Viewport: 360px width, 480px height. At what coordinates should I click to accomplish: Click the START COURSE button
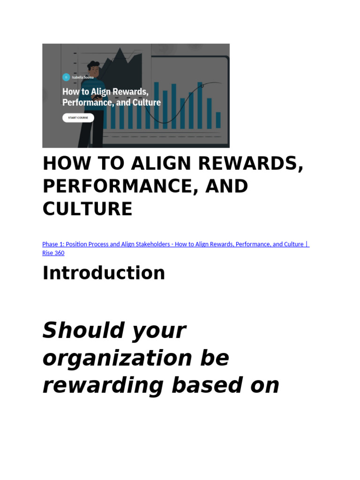pyautogui.click(x=78, y=118)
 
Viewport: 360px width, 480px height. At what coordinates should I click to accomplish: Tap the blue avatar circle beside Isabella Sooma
pyautogui.click(x=66, y=77)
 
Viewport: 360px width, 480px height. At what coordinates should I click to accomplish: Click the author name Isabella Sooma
pyautogui.click(x=82, y=77)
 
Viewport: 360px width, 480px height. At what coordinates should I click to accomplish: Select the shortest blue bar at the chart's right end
pyautogui.click(x=218, y=120)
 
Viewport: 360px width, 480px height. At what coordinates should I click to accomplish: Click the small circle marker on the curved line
pyautogui.click(x=202, y=86)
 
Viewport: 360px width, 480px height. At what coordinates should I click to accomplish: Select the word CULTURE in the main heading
pyautogui.click(x=87, y=209)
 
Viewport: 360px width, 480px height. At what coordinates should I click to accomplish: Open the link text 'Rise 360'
pyautogui.click(x=53, y=253)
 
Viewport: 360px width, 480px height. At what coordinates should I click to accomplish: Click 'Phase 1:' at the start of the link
pyautogui.click(x=53, y=244)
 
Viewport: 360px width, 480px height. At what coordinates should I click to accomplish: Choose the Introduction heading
pyautogui.click(x=104, y=273)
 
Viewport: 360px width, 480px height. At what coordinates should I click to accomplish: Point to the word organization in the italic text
pyautogui.click(x=117, y=358)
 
